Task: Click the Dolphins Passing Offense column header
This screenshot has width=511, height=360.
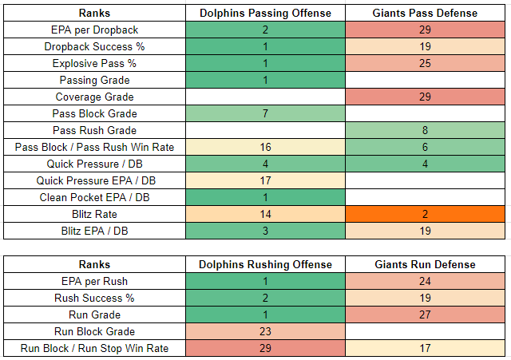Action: (x=265, y=13)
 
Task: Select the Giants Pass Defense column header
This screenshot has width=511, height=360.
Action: (x=425, y=13)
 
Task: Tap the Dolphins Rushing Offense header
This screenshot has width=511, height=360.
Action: (x=265, y=264)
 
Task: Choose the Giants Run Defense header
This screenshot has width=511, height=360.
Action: (x=425, y=264)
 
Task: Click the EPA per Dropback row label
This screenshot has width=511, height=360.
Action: (x=94, y=30)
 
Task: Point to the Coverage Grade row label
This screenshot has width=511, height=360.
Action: (x=94, y=97)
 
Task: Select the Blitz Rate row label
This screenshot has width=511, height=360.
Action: (x=94, y=214)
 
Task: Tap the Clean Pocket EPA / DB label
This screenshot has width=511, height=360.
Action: (x=94, y=197)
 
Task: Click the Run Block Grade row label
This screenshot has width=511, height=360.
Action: (x=94, y=331)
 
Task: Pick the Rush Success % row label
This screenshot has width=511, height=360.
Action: (x=94, y=298)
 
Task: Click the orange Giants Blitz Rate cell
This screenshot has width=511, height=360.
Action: (x=425, y=214)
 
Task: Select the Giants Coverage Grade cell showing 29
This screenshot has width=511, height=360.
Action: (x=425, y=97)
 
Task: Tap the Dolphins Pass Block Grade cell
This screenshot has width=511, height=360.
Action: (x=265, y=113)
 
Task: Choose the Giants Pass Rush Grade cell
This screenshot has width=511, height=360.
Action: (x=425, y=130)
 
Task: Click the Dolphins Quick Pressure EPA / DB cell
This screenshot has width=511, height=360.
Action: (x=265, y=180)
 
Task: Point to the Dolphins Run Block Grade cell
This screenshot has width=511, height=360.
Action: (x=265, y=331)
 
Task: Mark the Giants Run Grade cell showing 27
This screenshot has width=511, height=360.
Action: (x=425, y=315)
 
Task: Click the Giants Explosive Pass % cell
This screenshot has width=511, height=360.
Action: (x=425, y=63)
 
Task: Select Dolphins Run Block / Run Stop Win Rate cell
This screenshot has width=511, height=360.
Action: (x=265, y=348)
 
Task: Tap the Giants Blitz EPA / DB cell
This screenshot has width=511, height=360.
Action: (x=425, y=231)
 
